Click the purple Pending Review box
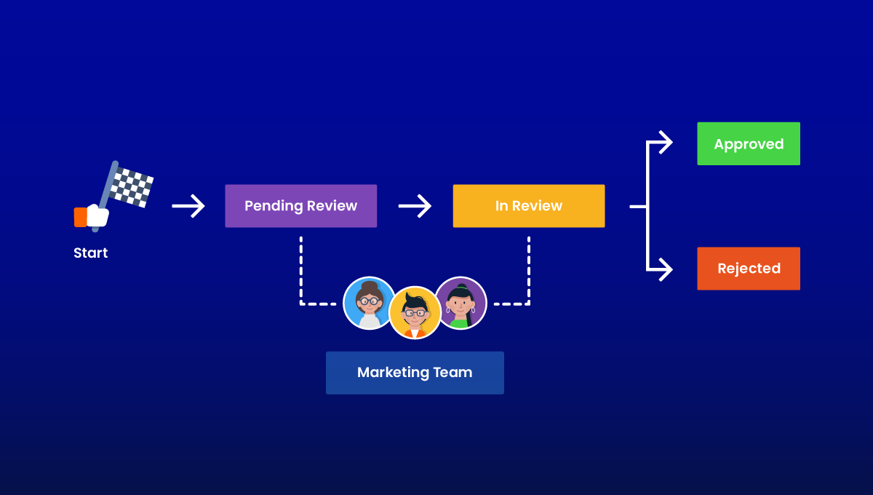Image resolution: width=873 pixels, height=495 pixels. click(300, 206)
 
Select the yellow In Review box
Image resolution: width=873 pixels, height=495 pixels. click(528, 206)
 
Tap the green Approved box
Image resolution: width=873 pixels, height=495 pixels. click(748, 144)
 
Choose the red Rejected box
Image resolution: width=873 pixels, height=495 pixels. click(748, 269)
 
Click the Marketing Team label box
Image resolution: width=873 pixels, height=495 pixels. click(415, 373)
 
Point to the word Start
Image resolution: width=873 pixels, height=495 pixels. click(90, 253)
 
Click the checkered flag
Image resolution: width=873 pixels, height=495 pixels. click(132, 186)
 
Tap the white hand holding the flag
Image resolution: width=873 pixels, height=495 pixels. click(97, 215)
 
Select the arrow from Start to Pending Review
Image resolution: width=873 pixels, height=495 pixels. click(188, 207)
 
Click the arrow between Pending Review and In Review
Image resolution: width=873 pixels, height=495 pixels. click(415, 207)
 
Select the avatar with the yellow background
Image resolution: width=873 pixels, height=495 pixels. click(415, 312)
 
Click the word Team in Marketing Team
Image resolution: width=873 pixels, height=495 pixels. click(453, 373)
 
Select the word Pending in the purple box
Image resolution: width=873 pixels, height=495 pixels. click(273, 206)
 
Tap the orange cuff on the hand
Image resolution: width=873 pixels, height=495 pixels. click(80, 217)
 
